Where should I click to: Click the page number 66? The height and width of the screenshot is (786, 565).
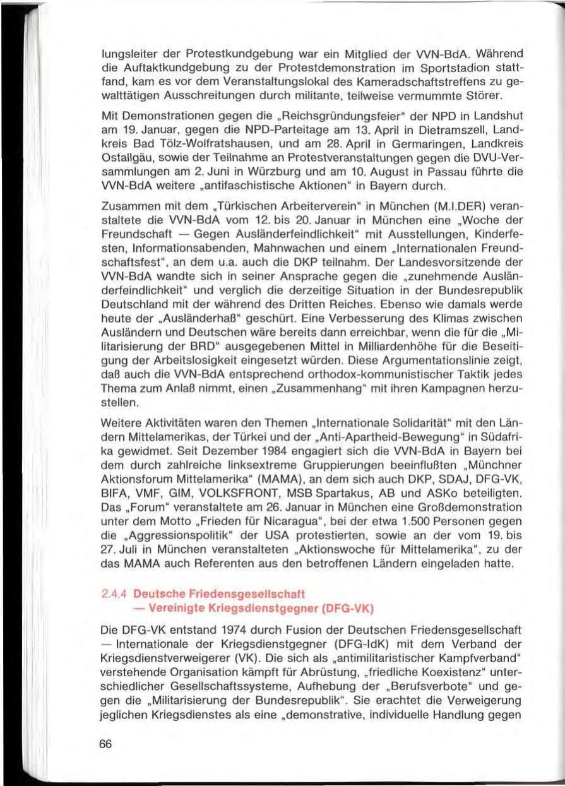105,744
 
